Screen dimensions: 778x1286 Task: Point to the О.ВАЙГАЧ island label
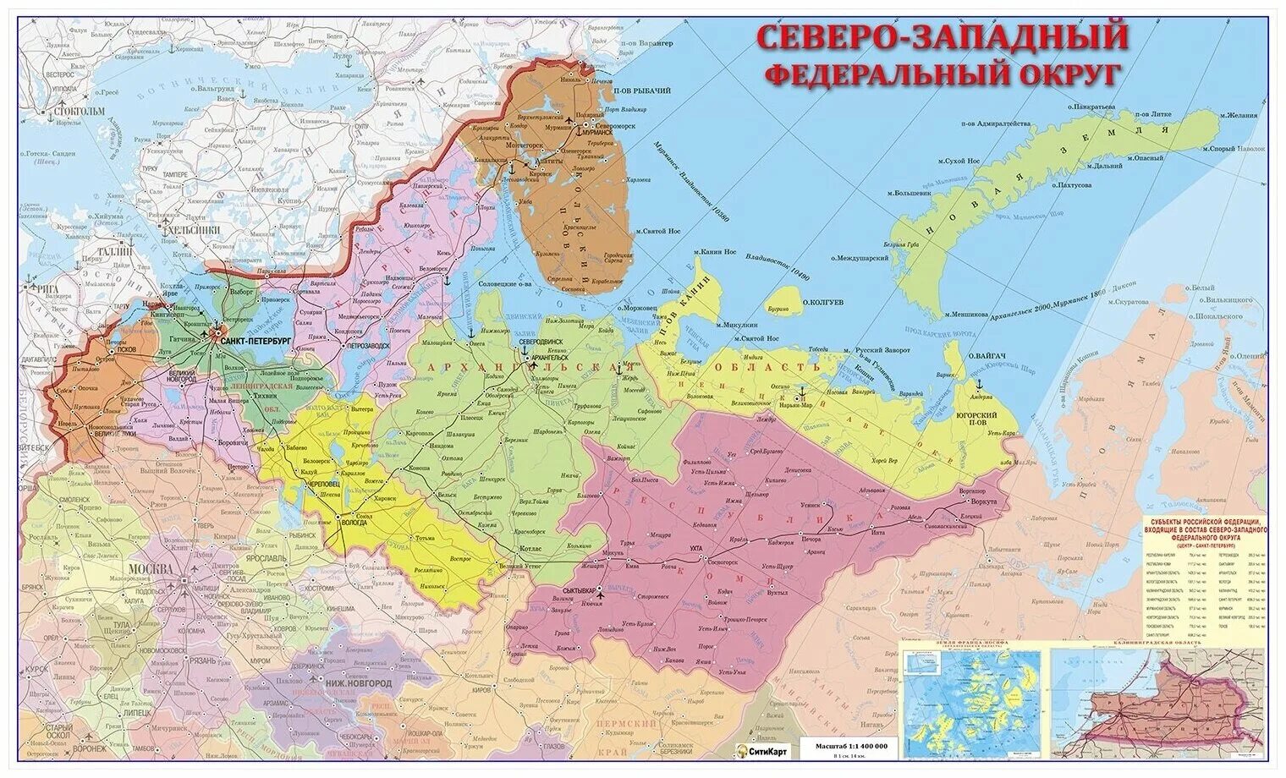pos(986,355)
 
